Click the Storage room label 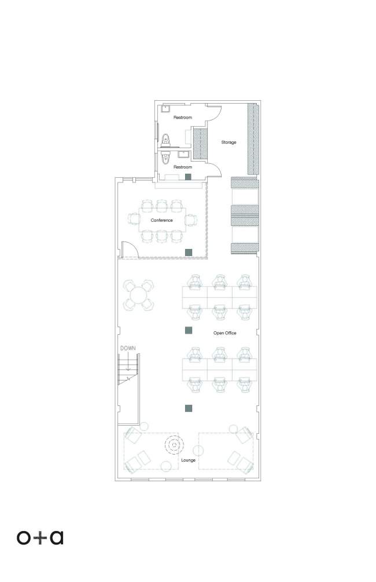coord(228,142)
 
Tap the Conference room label coord(161,220)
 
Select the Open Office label coord(224,333)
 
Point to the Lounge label coord(189,460)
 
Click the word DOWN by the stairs coord(128,349)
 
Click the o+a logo coord(40,537)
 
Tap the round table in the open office coord(138,296)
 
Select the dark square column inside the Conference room coord(189,252)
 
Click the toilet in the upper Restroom coord(165,140)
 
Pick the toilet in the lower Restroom coord(165,159)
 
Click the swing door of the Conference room coord(130,249)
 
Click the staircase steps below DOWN coord(128,369)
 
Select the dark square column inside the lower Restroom coord(189,177)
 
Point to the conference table coord(162,220)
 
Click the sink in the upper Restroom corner coord(165,108)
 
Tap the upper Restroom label coord(183,118)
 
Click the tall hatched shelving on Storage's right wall coord(253,139)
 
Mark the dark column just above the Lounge coord(189,408)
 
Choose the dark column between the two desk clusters coord(189,330)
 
